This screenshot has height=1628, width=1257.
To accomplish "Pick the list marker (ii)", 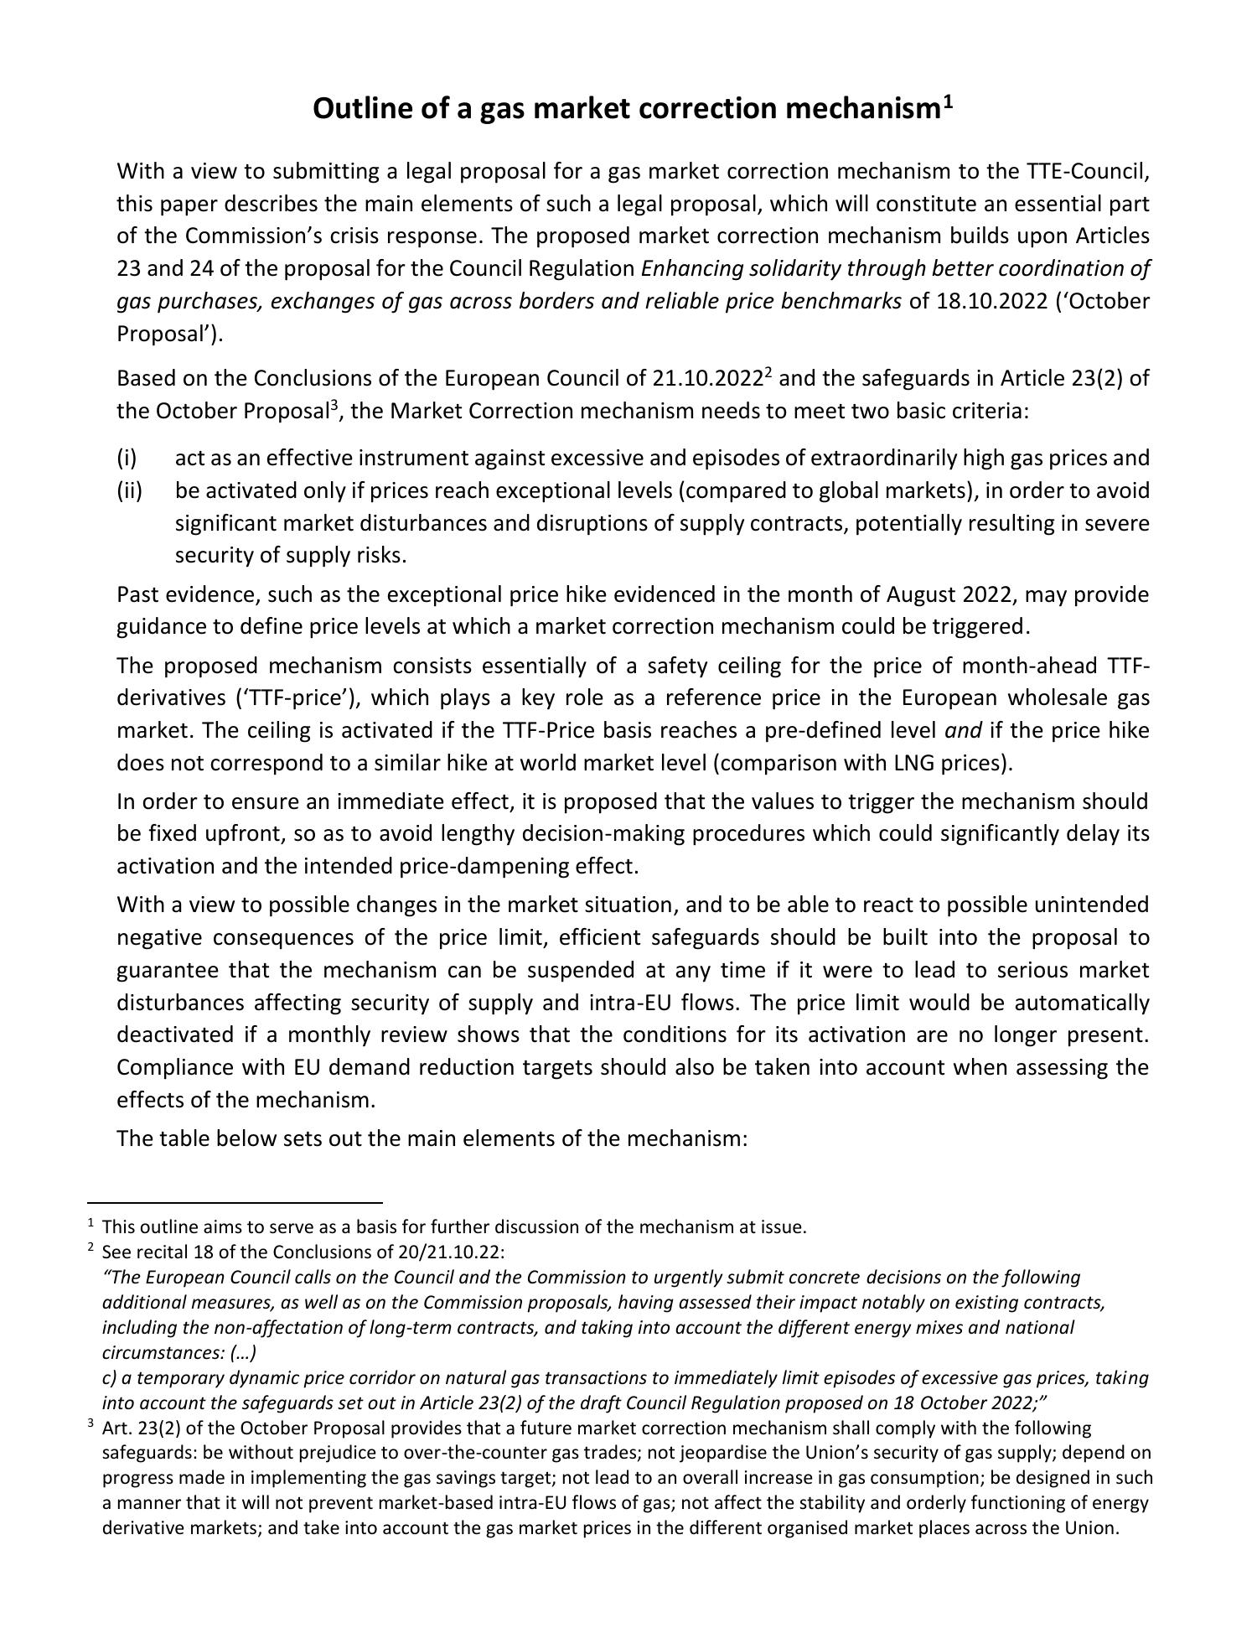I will pyautogui.click(x=129, y=490).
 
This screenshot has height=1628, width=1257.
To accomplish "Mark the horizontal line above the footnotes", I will pyautogui.click(x=235, y=1202).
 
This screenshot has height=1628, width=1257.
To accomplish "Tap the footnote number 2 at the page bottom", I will pyautogui.click(x=90, y=1249).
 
